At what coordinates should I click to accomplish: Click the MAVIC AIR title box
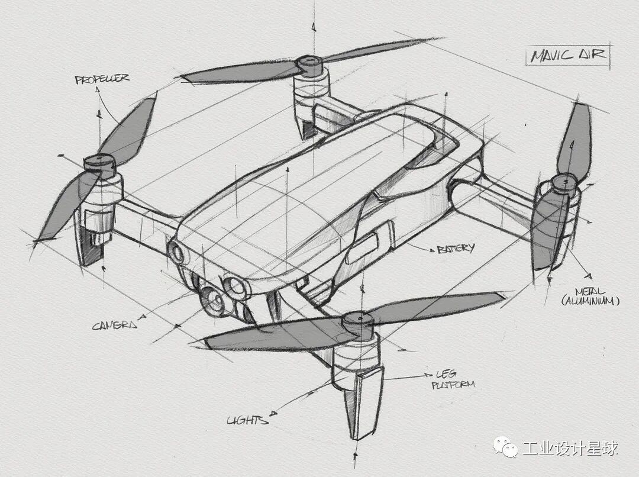point(567,56)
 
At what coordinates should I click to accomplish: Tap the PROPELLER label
point(102,79)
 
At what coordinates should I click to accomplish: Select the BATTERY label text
point(455,249)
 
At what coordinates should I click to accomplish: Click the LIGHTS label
point(247,420)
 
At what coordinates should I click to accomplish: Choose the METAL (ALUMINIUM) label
point(590,296)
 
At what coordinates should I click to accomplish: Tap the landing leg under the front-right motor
point(359,402)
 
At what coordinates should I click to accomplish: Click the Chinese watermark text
point(570,448)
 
